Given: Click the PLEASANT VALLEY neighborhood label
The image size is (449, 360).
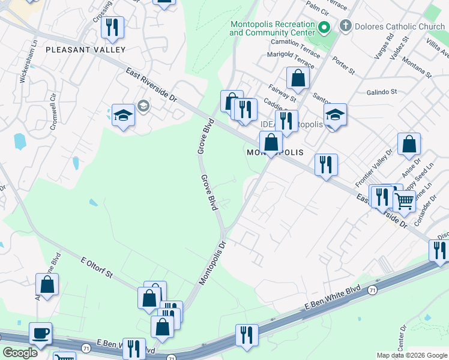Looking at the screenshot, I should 85,50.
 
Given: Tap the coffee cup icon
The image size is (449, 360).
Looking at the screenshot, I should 40,334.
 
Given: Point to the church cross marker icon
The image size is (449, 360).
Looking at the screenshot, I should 345,26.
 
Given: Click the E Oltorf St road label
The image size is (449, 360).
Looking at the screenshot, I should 97,266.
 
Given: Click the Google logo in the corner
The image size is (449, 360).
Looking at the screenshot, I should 20,352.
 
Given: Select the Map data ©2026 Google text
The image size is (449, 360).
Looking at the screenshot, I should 411,355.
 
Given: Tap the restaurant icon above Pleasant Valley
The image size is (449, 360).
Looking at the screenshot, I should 112,27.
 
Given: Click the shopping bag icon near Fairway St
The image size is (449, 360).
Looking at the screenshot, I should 298,77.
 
